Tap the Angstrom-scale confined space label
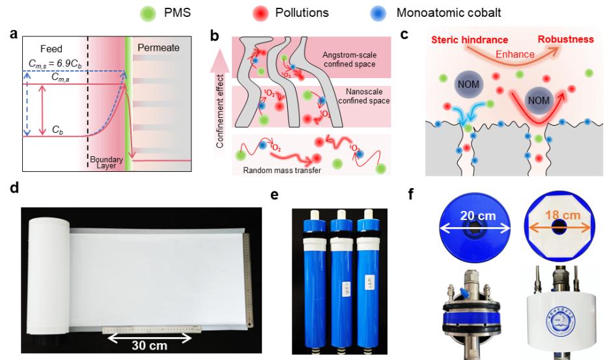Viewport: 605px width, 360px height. [x=356, y=57]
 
